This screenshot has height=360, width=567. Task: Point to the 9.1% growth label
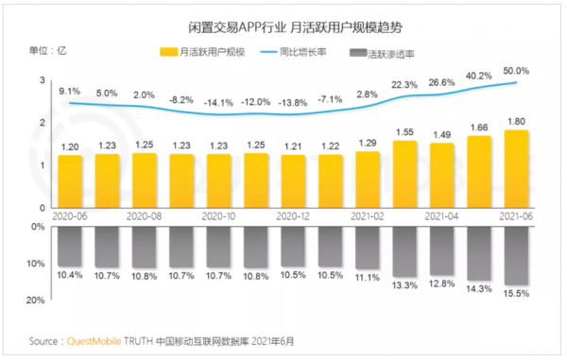70,91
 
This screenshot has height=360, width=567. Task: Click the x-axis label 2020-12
294,215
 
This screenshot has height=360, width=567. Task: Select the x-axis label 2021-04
442,215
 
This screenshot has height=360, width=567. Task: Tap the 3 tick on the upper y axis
43,81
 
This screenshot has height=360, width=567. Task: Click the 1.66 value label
480,127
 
